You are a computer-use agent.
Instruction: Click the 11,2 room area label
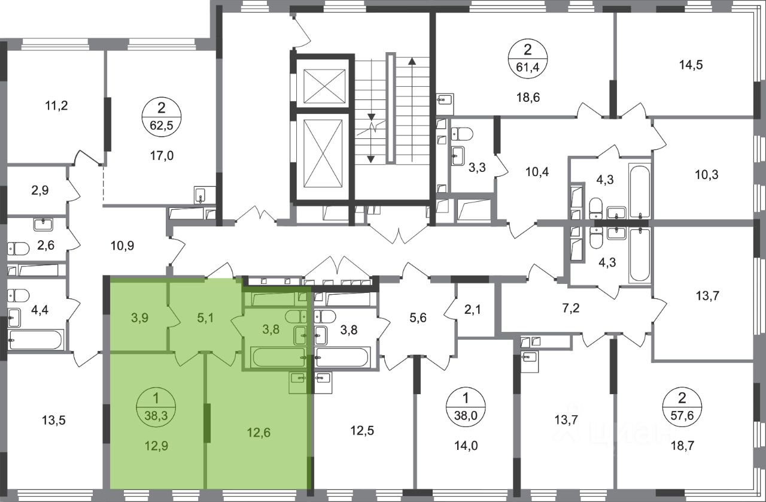[x=56, y=106]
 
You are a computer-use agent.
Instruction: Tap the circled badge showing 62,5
[x=162, y=117]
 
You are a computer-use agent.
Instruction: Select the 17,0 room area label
[x=162, y=156]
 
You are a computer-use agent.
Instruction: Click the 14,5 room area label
[x=691, y=65]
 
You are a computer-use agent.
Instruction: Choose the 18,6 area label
[x=528, y=98]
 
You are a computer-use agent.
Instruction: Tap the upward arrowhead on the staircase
[x=412, y=61]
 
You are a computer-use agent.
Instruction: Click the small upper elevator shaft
[x=324, y=86]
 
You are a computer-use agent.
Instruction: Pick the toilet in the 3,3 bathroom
[x=461, y=134]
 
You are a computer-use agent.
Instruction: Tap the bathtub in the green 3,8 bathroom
[x=278, y=357]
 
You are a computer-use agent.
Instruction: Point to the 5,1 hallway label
[x=205, y=318]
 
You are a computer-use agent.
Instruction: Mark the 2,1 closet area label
[x=472, y=310]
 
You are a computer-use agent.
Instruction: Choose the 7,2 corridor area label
[x=571, y=309]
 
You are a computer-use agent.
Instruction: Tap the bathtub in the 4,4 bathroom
[x=36, y=340]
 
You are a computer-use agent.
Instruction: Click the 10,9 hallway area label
[x=123, y=246]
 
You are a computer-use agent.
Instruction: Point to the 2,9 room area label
[x=40, y=190]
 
